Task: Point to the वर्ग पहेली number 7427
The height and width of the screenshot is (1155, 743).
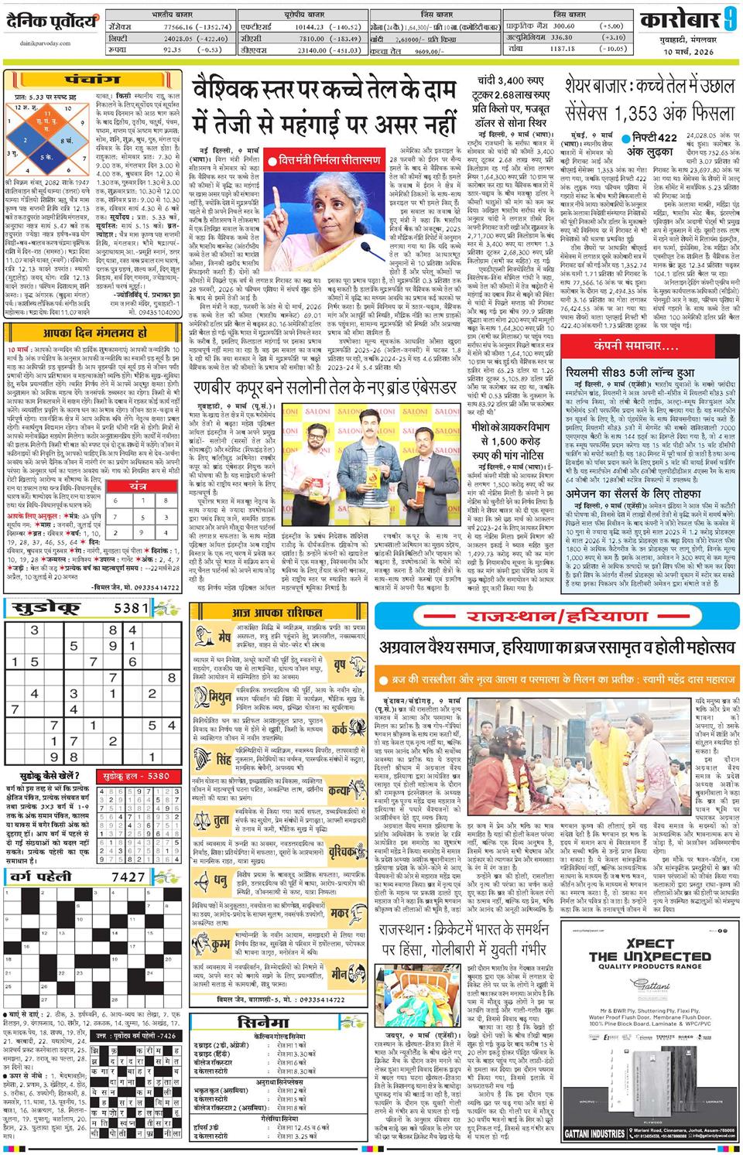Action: point(128,877)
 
